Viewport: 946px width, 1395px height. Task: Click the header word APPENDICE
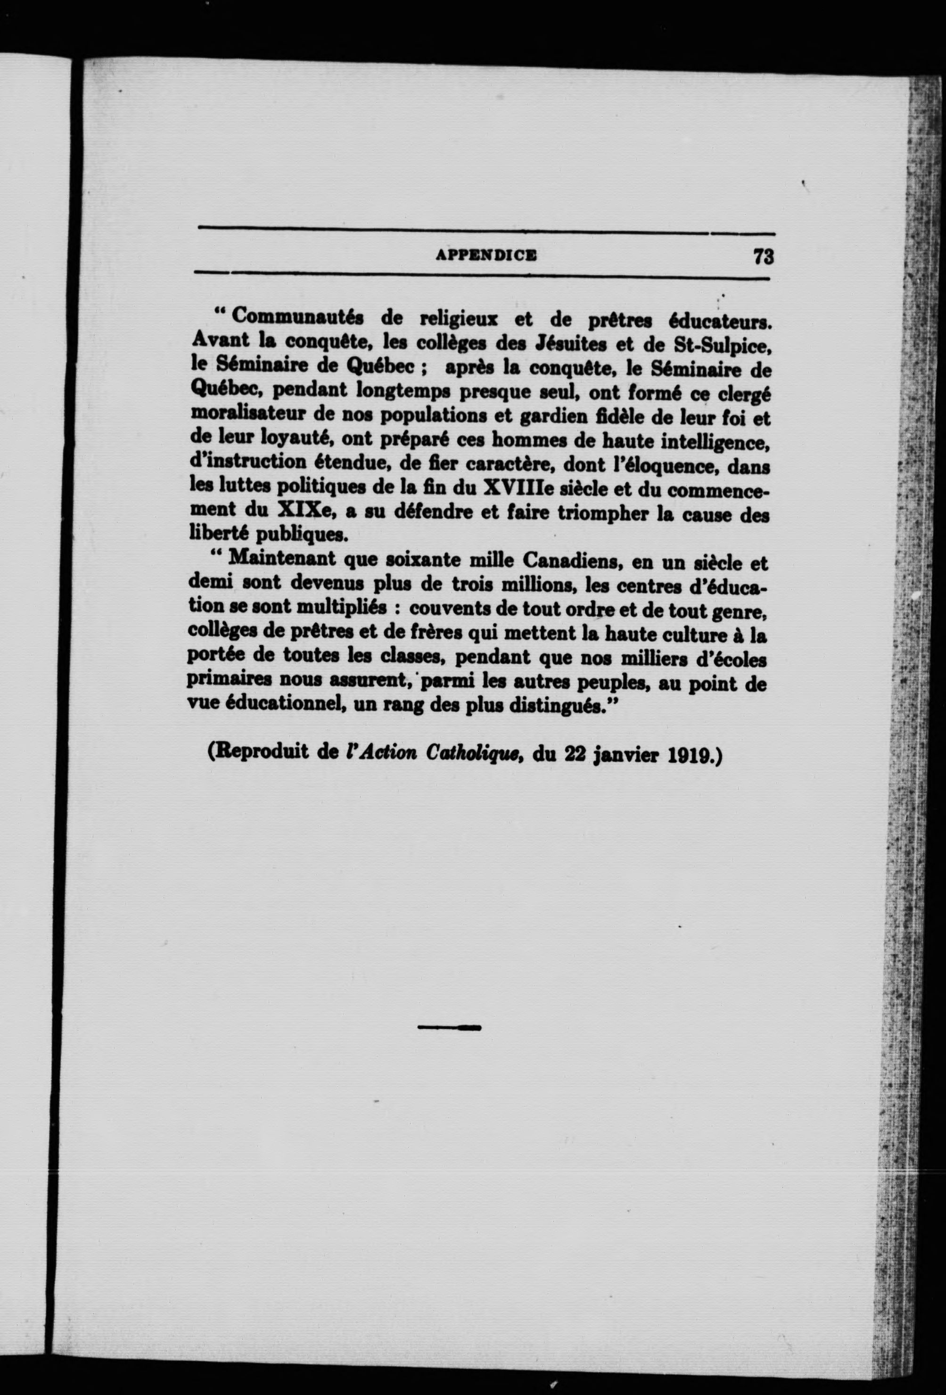[x=486, y=255]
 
